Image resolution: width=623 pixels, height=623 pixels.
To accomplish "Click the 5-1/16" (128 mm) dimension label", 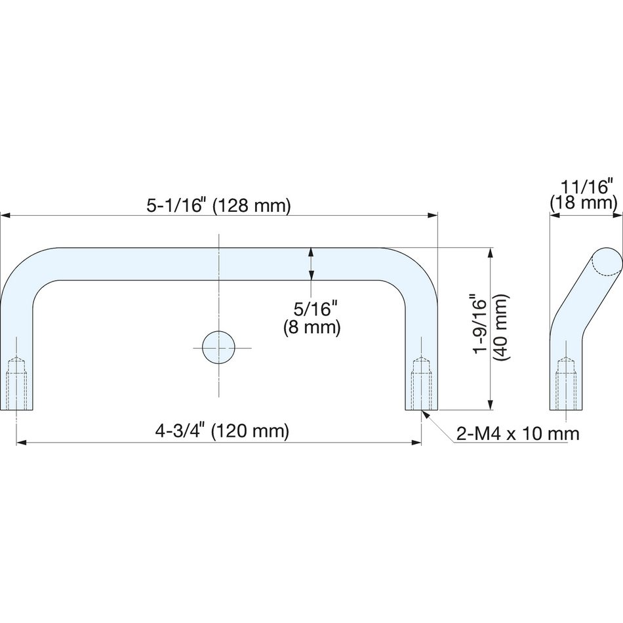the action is pos(219,205).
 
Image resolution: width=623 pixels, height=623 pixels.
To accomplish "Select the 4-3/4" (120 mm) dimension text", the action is pos(222,431).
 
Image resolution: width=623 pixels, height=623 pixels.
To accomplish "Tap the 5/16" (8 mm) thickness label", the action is pos(312,318).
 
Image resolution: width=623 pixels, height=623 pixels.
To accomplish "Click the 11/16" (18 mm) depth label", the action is pos(583,194).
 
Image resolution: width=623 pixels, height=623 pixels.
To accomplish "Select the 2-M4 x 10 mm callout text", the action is pos(517,433).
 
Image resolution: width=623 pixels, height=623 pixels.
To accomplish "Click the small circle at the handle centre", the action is pos(218,348).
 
